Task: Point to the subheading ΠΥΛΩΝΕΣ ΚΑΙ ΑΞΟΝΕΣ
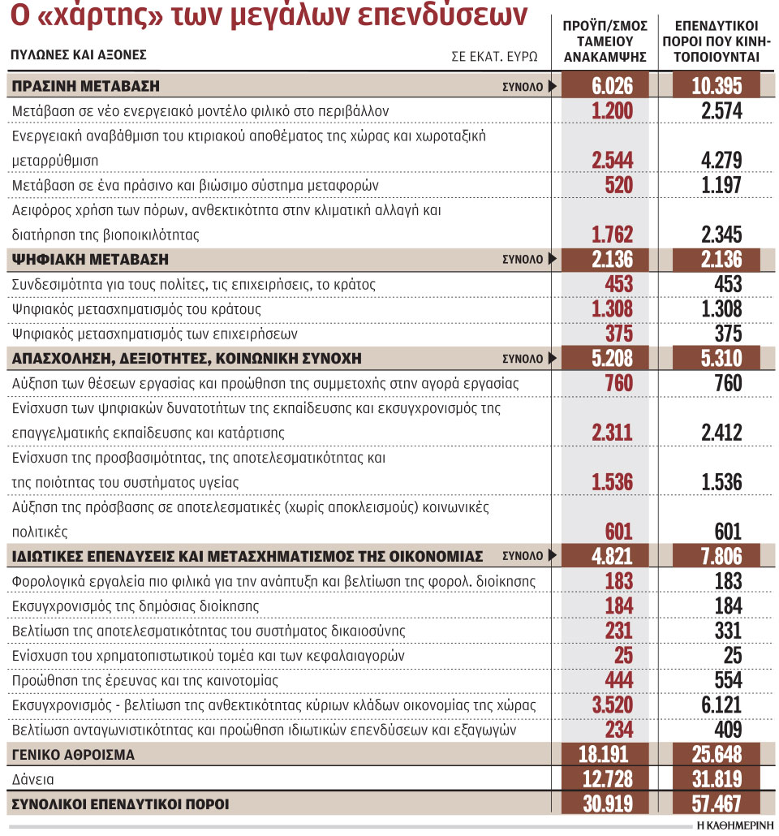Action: (79, 55)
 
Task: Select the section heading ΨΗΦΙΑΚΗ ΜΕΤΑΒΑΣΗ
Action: (89, 260)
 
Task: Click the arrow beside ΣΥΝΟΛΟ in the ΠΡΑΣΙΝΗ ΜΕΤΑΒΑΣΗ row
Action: (553, 86)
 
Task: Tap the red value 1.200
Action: (612, 111)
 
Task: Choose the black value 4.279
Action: (721, 161)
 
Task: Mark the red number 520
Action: (618, 185)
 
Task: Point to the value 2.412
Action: (721, 433)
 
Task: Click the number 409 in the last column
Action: (728, 730)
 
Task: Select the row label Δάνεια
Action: (32, 779)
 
